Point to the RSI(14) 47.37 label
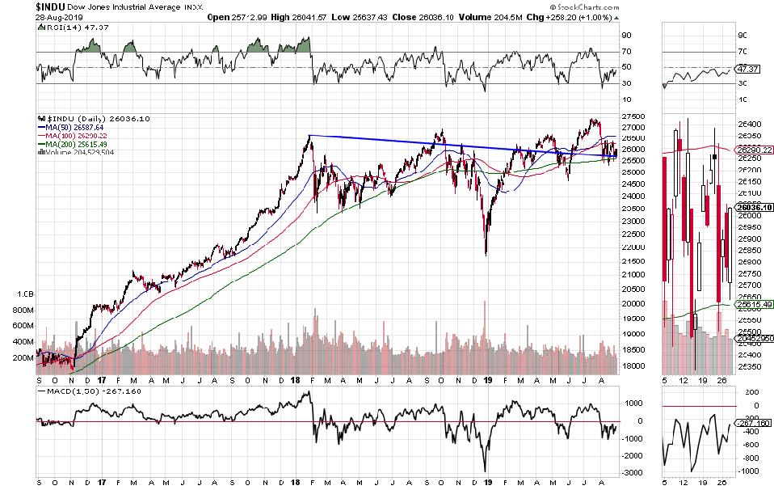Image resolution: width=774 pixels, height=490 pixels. tap(63, 28)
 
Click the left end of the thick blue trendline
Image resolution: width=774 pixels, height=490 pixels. tap(311, 135)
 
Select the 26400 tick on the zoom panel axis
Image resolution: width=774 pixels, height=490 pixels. tap(750, 125)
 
